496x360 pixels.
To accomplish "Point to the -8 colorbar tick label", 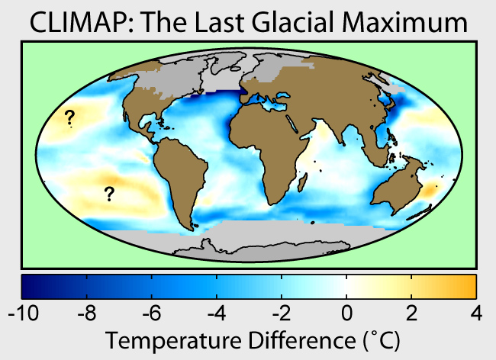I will coord(88,312).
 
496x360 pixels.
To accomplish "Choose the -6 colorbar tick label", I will coord(153,312).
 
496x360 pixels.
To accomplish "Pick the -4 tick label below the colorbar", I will coord(217,312).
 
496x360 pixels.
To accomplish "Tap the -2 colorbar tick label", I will coord(282,312).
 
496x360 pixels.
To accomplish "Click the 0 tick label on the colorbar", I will coord(347,312).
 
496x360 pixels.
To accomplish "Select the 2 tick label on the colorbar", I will coord(412,312).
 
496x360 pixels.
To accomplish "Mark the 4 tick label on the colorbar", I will coord(476,312).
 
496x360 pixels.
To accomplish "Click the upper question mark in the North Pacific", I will coord(69,117).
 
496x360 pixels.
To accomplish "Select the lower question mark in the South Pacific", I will coord(109,193).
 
